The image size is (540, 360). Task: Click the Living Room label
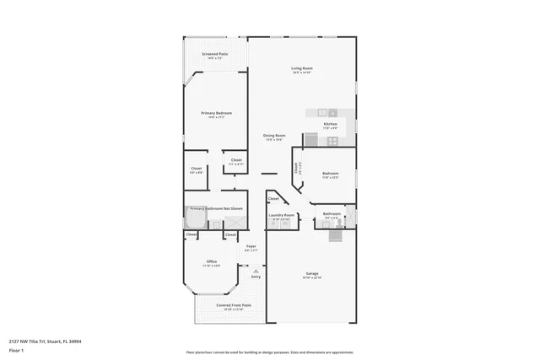(302, 69)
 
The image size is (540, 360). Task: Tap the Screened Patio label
(215, 56)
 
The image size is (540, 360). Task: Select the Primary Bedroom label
(216, 114)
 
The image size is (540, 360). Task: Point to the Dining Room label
(274, 137)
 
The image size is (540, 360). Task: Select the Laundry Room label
(282, 216)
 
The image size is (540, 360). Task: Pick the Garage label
(312, 275)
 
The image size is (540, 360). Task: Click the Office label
(212, 262)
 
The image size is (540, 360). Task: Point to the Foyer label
(251, 247)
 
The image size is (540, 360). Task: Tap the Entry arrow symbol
(256, 271)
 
